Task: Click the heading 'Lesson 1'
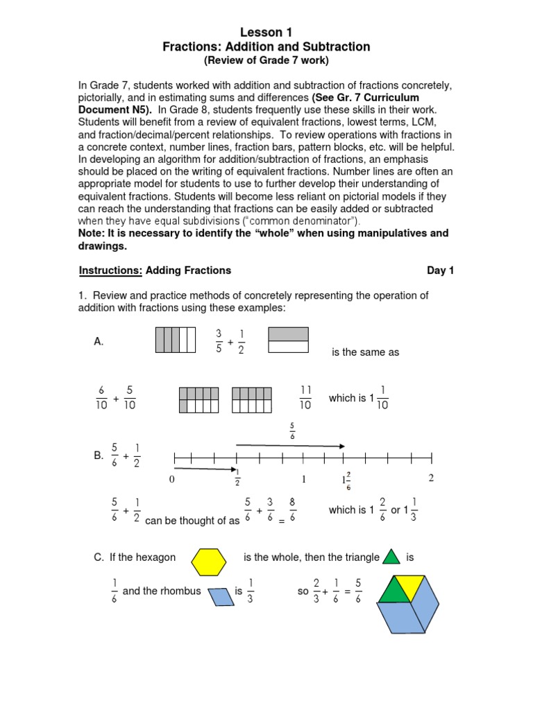[266, 33]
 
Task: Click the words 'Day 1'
[440, 270]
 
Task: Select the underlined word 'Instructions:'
[110, 270]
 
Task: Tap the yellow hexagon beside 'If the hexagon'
[209, 562]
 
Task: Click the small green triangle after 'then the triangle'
[392, 556]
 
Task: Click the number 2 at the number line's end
[431, 478]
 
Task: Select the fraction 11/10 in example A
[305, 398]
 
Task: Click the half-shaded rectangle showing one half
[288, 340]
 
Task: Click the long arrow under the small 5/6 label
[290, 445]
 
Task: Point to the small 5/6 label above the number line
[291, 432]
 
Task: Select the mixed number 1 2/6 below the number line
[346, 480]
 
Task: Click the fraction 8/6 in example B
[294, 510]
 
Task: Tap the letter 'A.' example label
[99, 342]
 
